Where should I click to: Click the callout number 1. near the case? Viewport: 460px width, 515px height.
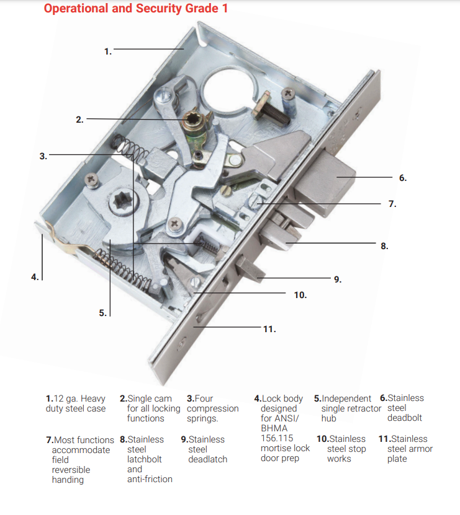point(108,51)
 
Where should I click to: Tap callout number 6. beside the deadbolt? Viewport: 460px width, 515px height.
point(403,178)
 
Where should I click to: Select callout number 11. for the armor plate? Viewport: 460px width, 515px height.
point(269,329)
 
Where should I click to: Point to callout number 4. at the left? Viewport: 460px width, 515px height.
point(35,277)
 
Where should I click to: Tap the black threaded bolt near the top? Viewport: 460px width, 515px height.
point(273,111)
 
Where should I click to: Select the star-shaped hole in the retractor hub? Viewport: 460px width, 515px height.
point(122,200)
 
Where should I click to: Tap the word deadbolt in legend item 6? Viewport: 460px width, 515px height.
point(404,418)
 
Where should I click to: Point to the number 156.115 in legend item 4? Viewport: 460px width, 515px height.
point(277,438)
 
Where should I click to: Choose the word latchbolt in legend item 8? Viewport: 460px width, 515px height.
point(145,459)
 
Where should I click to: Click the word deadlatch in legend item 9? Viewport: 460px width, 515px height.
point(207,459)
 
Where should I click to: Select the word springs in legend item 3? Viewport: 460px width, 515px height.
point(202,419)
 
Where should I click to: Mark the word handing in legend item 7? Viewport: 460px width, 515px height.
point(68,480)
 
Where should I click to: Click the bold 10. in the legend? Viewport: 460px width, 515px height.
point(323,439)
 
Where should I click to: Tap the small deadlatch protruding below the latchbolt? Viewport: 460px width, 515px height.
point(250,268)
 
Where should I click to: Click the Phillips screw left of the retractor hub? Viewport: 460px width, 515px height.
point(92,180)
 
